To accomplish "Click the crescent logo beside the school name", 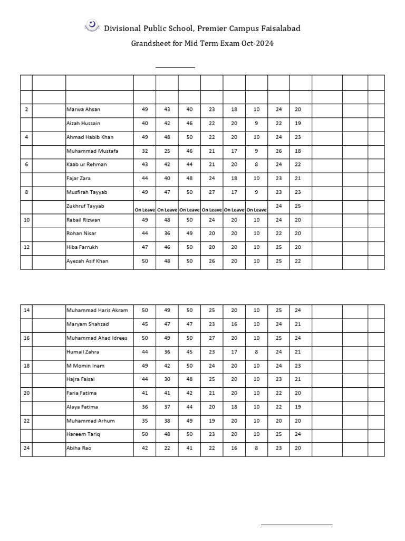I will click(x=92, y=25).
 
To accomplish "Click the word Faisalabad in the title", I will click(x=278, y=28).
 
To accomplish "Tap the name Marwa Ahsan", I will click(x=83, y=109).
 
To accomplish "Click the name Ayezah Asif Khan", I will click(x=88, y=261).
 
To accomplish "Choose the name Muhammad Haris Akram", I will click(x=97, y=310).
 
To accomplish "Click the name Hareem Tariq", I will click(x=82, y=434).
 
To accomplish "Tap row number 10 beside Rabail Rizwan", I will click(x=26, y=220).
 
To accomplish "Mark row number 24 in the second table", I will click(x=26, y=447).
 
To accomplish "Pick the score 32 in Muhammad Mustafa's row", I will click(x=144, y=151).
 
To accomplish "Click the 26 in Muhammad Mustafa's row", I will click(x=279, y=151).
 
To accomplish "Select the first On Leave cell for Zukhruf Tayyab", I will click(x=144, y=210).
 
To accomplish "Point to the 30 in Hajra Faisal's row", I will click(x=167, y=379).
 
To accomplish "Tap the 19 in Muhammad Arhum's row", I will click(x=212, y=421).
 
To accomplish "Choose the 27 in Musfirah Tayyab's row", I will click(x=212, y=192).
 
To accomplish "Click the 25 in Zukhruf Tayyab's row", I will click(x=297, y=206).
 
